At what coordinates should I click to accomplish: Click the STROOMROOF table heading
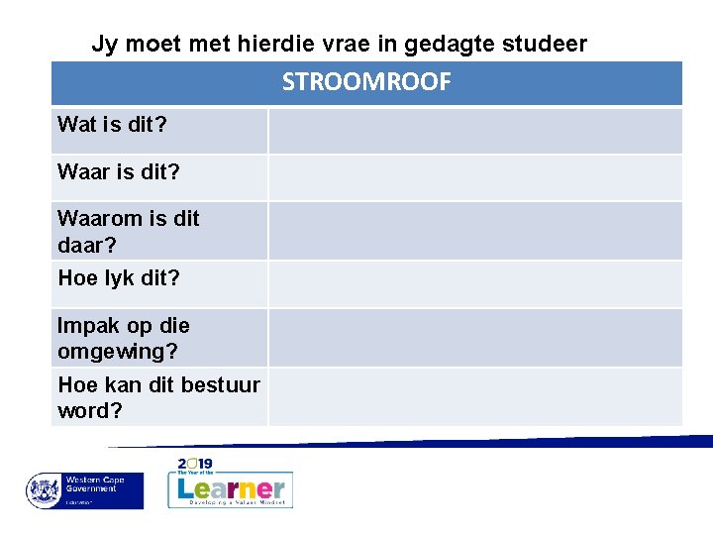pos(366,82)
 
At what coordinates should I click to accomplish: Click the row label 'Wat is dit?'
pos(111,125)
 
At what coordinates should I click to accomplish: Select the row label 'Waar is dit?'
pos(119,172)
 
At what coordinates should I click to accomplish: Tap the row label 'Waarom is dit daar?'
pos(129,231)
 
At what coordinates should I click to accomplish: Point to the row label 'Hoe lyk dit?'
pos(119,278)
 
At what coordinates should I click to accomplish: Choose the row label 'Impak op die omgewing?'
pos(124,338)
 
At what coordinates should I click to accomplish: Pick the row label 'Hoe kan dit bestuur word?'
pos(158,397)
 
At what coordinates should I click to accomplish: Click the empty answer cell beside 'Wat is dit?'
pos(475,131)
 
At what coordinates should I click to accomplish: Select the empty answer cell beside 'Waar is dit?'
pos(475,177)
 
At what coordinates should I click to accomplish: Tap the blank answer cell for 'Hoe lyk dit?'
pos(475,283)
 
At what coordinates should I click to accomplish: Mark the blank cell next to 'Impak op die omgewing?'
pos(475,338)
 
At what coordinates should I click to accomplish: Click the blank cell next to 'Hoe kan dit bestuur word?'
pos(475,397)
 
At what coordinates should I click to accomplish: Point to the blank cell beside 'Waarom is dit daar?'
pos(475,231)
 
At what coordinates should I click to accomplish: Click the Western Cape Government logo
pos(84,490)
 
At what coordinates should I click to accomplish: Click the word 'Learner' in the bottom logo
pos(231,487)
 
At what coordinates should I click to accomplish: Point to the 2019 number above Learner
pos(195,464)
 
